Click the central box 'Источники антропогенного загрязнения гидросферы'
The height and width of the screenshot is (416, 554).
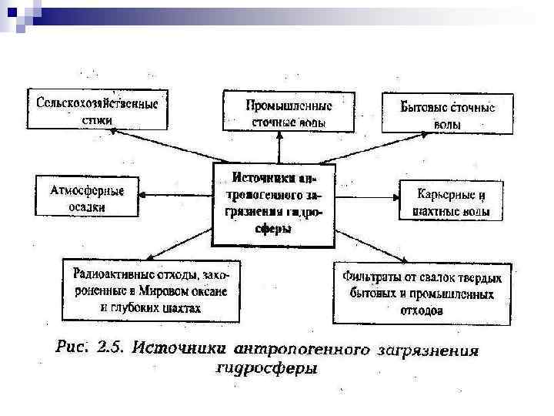coord(273,204)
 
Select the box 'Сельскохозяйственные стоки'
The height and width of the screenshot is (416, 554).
coord(98,111)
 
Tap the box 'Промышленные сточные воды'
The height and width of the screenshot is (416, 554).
coord(289,112)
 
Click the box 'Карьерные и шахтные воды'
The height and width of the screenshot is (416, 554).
coord(451,200)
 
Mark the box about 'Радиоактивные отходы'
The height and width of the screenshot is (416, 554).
coord(150,290)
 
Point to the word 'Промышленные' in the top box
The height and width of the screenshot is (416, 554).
coord(289,105)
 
